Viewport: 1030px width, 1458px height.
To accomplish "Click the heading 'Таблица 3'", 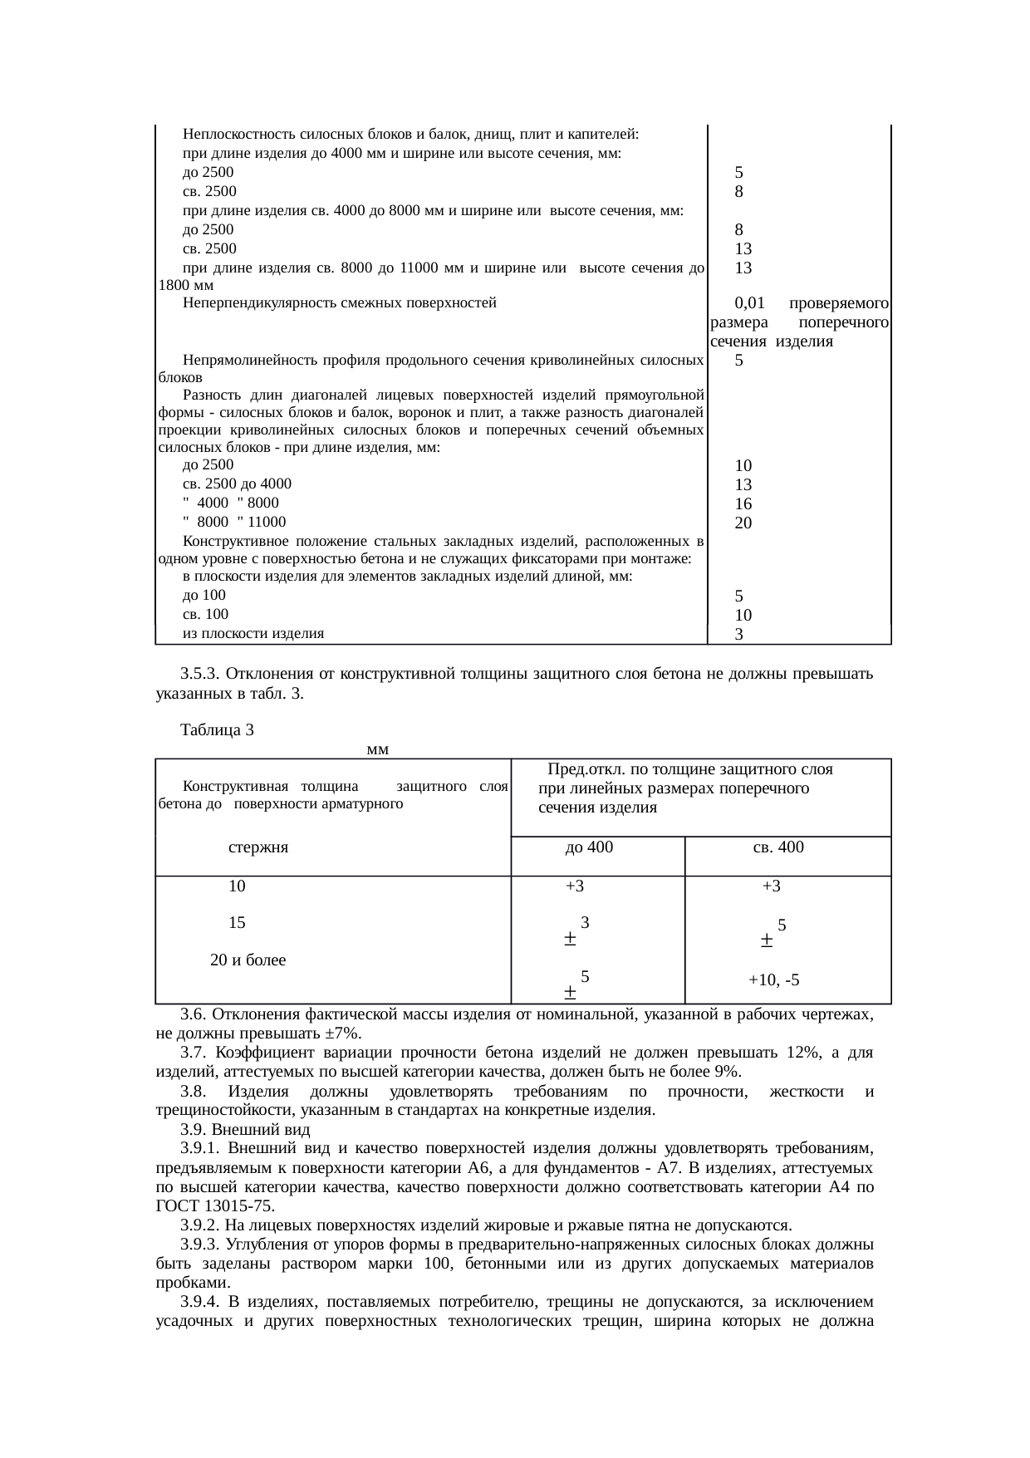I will pyautogui.click(x=217, y=730).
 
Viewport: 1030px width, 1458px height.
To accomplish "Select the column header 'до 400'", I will pyautogui.click(x=589, y=847).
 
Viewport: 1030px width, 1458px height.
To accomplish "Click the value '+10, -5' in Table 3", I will pyautogui.click(x=773, y=980).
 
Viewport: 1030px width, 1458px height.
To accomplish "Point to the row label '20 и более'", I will pyautogui.click(x=248, y=960).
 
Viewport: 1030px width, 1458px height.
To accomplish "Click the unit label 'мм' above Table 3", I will pyautogui.click(x=378, y=749).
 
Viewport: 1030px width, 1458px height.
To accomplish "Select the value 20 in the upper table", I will pyautogui.click(x=743, y=523).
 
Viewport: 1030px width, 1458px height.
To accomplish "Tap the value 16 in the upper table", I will pyautogui.click(x=743, y=503).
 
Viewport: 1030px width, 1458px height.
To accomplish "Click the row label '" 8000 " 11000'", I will pyautogui.click(x=233, y=523).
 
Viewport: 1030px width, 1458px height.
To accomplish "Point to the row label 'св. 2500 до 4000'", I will pyautogui.click(x=237, y=484).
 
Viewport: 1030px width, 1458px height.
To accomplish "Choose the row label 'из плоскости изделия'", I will pyautogui.click(x=253, y=634).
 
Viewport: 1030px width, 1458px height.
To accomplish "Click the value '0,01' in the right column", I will pyautogui.click(x=749, y=303).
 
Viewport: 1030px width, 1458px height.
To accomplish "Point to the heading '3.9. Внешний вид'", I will pyautogui.click(x=245, y=1130).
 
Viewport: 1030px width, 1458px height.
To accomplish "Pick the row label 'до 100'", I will pyautogui.click(x=204, y=596).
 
